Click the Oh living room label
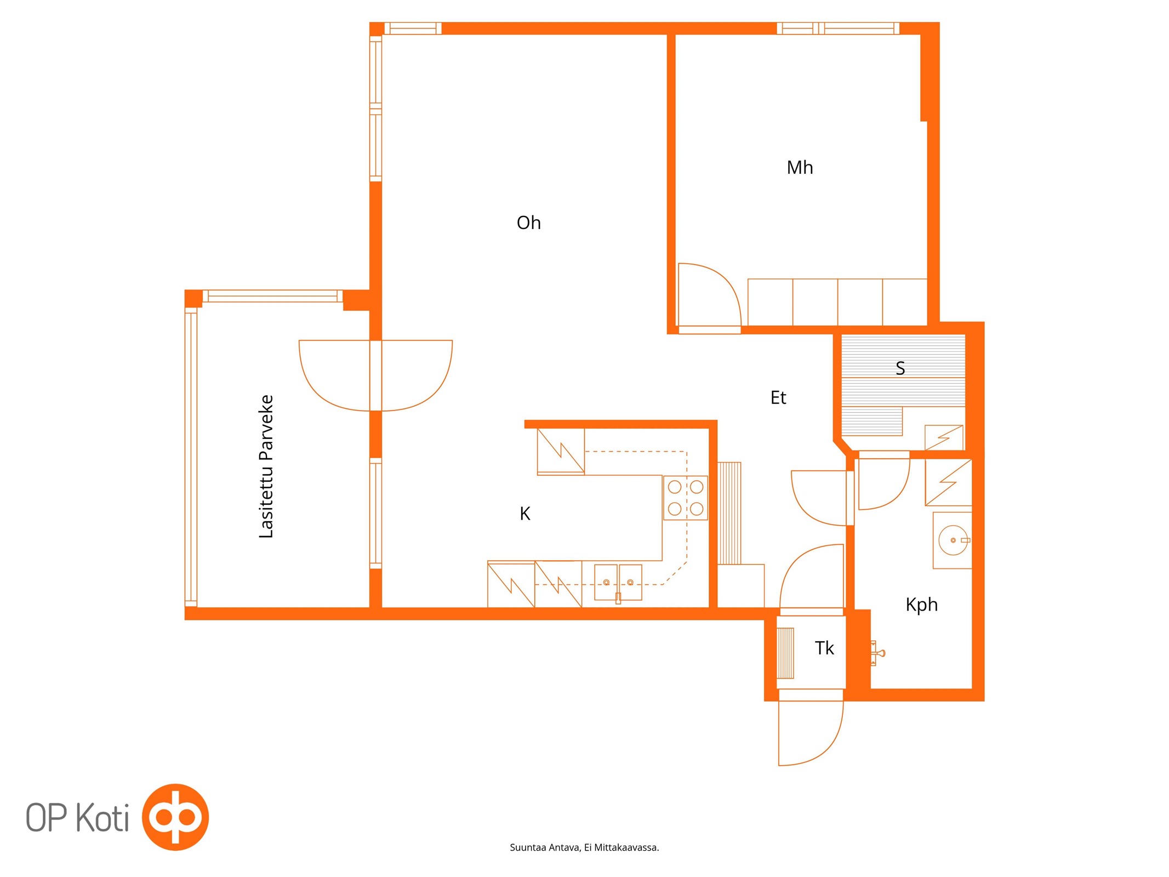[528, 223]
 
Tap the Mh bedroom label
[800, 167]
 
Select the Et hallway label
[778, 397]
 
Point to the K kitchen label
[524, 514]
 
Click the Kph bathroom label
[921, 605]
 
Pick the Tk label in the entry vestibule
[824, 648]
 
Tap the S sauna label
[900, 368]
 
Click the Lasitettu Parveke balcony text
[266, 466]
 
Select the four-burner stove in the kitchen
[686, 498]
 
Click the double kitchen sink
[618, 583]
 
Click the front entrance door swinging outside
[822, 748]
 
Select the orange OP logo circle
[175, 817]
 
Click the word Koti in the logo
[102, 818]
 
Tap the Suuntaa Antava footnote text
[584, 847]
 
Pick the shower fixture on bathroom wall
[877, 653]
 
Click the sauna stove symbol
[944, 437]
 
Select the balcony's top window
[272, 296]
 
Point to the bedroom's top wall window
[838, 28]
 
